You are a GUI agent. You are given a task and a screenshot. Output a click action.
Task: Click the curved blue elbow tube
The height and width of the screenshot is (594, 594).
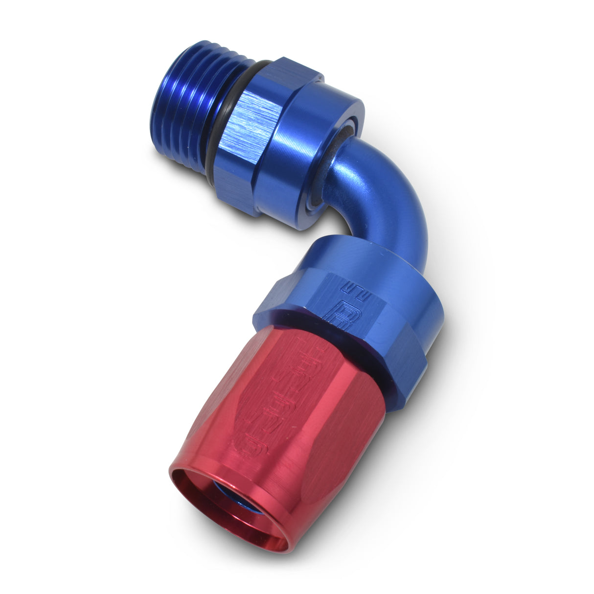tap(387, 196)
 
